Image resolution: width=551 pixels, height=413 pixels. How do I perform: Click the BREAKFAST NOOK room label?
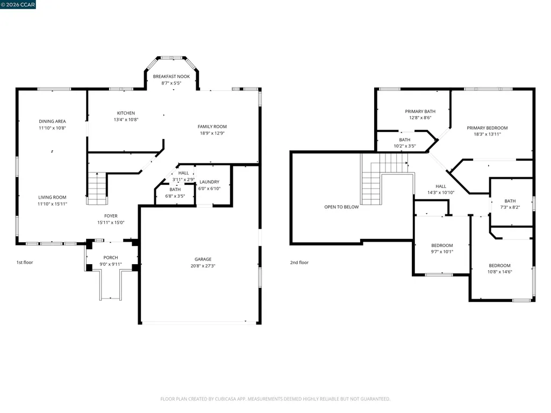coord(171,77)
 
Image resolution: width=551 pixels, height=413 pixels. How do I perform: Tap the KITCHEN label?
coord(126,113)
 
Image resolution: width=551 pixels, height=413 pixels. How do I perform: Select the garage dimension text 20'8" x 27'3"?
coord(203,266)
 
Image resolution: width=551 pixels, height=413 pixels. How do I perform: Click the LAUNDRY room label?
coord(209,182)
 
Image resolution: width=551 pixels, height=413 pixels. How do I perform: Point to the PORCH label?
coord(111,258)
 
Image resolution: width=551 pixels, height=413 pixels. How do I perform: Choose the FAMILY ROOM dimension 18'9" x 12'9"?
coord(212,133)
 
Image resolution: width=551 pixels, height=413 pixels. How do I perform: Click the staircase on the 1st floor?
coord(97,188)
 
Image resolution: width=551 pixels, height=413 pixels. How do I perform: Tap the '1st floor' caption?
coord(25,262)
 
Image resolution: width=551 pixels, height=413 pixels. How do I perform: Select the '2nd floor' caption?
coord(299,262)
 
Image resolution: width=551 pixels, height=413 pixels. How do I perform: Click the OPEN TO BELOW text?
coord(341,207)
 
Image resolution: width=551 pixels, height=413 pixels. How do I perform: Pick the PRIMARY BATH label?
coord(420,111)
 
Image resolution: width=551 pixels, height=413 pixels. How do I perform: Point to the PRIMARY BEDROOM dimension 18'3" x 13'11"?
coord(487,134)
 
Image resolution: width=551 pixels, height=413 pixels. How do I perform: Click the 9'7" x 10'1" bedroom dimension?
coord(442,252)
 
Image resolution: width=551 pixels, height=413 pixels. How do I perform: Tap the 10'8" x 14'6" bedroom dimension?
coord(499,272)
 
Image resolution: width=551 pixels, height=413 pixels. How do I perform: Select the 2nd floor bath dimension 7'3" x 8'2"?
coord(510,207)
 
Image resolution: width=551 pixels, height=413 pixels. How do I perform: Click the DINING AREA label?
coord(52,121)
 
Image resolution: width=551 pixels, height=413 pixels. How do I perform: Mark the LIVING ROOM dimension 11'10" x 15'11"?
coord(52,204)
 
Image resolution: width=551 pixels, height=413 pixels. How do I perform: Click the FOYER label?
coord(111,216)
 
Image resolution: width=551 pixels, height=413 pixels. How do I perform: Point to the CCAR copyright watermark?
coord(18,5)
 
